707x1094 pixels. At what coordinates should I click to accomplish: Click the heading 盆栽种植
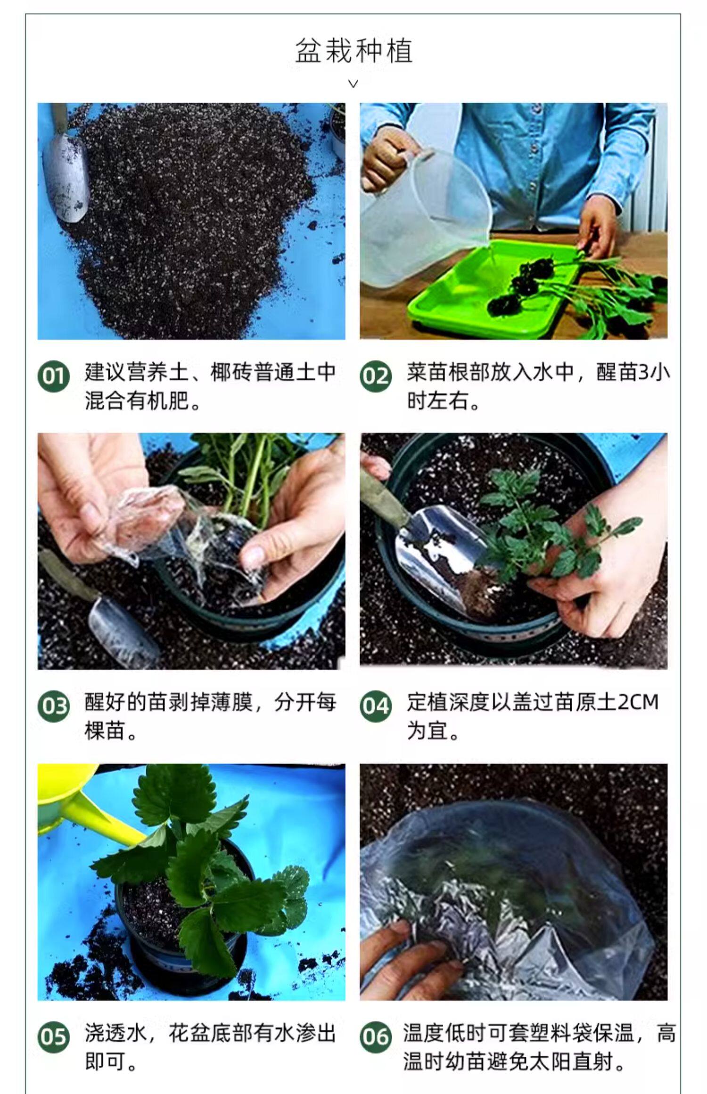(354, 51)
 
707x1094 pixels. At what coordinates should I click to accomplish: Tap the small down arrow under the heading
(353, 84)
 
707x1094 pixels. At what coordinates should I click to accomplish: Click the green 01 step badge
(53, 376)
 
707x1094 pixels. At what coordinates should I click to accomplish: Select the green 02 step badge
(376, 376)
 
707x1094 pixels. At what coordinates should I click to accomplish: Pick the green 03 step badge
(53, 707)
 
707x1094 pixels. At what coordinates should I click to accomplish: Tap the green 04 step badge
(376, 707)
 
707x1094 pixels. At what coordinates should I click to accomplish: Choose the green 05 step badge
(53, 1037)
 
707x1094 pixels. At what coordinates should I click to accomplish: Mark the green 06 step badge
(376, 1037)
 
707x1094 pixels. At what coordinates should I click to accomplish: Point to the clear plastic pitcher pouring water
(424, 214)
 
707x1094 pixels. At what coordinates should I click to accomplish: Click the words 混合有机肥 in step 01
(137, 401)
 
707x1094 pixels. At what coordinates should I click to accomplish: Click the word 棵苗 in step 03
(106, 732)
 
